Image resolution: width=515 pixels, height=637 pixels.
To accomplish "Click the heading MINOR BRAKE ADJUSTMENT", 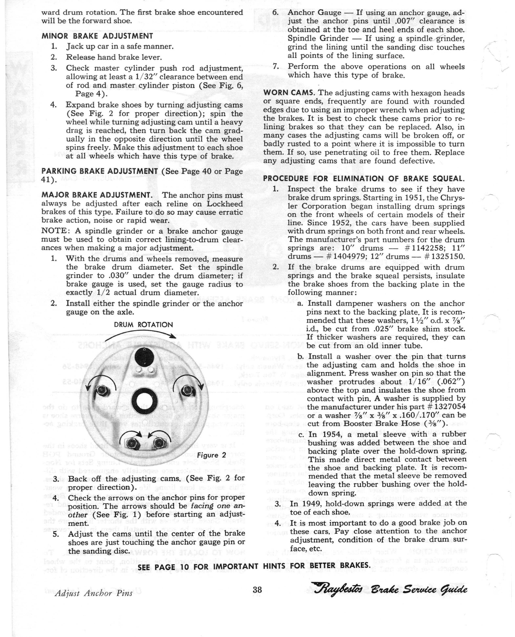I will [97, 36].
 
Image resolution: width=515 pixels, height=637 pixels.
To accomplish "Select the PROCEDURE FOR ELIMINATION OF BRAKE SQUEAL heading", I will [364, 179].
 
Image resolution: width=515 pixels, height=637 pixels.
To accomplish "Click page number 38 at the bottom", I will [257, 589].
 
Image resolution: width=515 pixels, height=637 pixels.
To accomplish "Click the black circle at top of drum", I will [144, 357].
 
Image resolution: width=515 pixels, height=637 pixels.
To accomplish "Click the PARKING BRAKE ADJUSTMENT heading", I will [100, 171].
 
